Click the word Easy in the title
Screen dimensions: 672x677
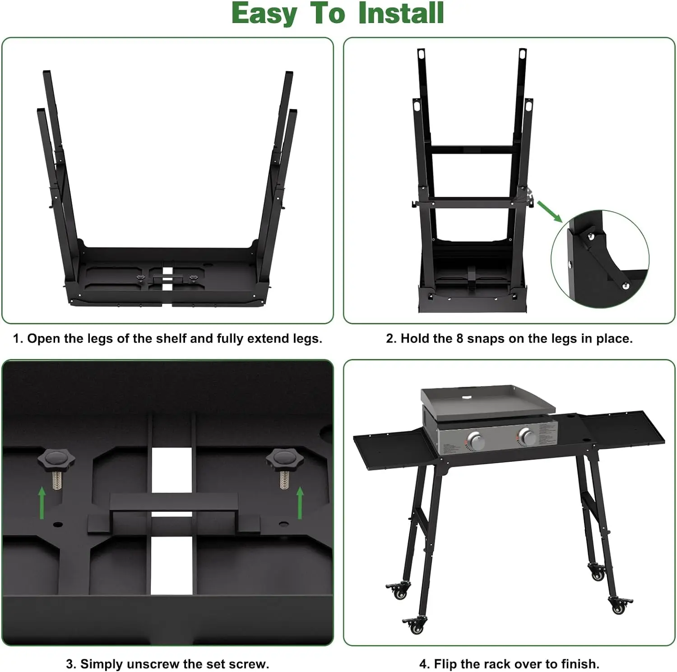point(264,14)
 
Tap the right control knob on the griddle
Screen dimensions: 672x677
point(526,436)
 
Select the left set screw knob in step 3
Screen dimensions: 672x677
point(56,460)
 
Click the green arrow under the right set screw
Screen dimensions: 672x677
point(300,502)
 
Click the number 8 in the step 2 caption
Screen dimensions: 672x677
point(459,338)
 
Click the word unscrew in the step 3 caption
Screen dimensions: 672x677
point(153,664)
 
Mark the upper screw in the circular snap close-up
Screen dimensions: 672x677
point(589,235)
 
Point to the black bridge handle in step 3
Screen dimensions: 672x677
point(174,502)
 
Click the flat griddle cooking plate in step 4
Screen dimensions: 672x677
point(487,400)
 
